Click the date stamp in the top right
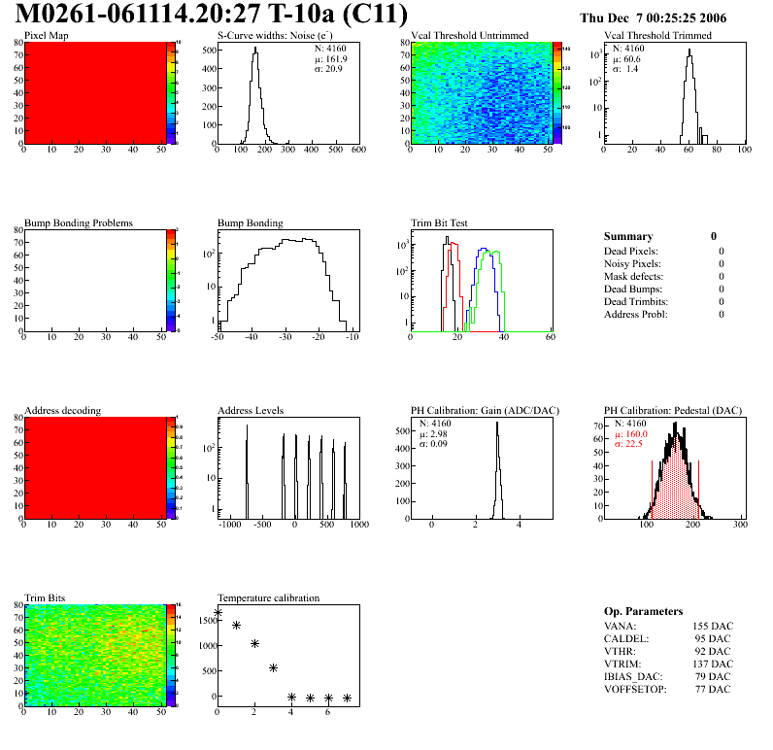pos(666,17)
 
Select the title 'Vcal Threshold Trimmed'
pos(657,36)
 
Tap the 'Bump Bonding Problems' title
pos(79,223)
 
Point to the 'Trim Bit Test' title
pos(440,223)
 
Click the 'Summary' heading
pos(628,236)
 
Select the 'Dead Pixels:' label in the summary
pos(631,251)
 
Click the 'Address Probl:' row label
pos(635,314)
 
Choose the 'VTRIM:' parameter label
pos(622,664)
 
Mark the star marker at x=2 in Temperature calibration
pos(254,643)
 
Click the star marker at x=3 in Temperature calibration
pos(273,667)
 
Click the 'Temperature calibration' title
pos(268,598)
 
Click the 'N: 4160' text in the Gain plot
pos(438,424)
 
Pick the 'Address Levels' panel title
pos(251,411)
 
